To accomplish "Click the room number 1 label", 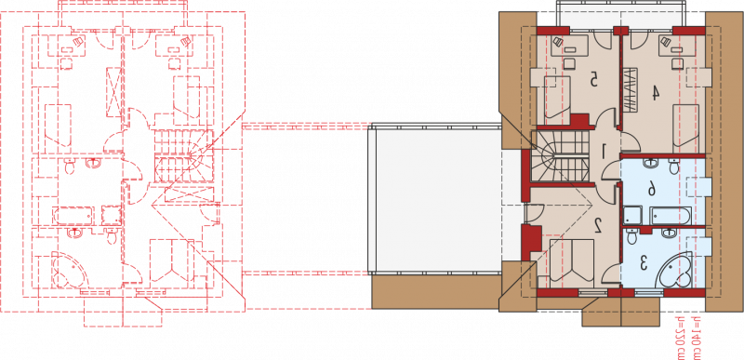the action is pyautogui.click(x=604, y=153).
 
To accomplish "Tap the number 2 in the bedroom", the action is pyautogui.click(x=598, y=225).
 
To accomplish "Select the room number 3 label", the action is pyautogui.click(x=644, y=262).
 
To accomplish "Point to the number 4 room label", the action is pyautogui.click(x=655, y=92).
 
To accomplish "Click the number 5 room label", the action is pyautogui.click(x=592, y=79).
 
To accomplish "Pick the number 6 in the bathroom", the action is pyautogui.click(x=652, y=190).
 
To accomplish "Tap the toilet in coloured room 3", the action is pyautogui.click(x=631, y=235).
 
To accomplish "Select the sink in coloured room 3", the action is pyautogui.click(x=669, y=233).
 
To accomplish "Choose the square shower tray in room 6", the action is pyautogui.click(x=632, y=217).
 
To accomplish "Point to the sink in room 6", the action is pyautogui.click(x=649, y=163).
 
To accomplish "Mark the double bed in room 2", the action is pyautogui.click(x=571, y=261).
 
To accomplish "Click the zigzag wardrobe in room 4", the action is pyautogui.click(x=630, y=90).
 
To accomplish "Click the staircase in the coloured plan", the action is pyautogui.click(x=560, y=156).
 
